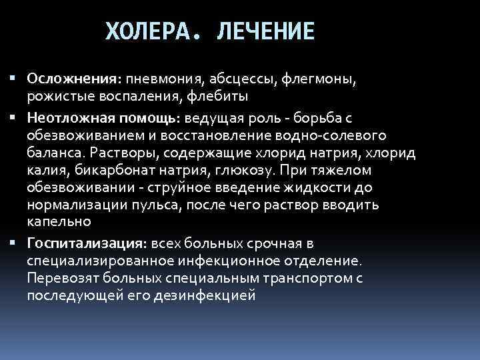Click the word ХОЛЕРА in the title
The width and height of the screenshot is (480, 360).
pos(149,31)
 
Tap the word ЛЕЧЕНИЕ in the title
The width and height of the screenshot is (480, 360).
pos(265,31)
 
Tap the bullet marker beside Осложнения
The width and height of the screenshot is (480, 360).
pos(14,79)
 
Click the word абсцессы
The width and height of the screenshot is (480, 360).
pos(231,79)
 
